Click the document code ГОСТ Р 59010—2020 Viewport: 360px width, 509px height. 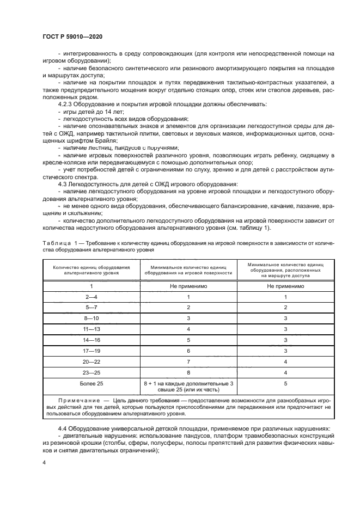pyautogui.click(x=72, y=36)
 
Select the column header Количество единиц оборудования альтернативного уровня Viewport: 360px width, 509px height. pyautogui.click(x=91, y=271)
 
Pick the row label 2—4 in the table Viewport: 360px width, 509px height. pyautogui.click(x=91, y=298)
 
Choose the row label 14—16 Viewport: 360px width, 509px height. pyautogui.click(x=91, y=340)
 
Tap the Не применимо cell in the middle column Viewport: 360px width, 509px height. pyautogui.click(x=188, y=286)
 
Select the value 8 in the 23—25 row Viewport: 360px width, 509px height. pyautogui.click(x=188, y=373)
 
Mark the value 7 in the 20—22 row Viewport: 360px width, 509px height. pyautogui.click(x=188, y=362)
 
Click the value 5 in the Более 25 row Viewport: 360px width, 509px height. pyautogui.click(x=285, y=384)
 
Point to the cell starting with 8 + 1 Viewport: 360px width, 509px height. pyautogui.click(x=188, y=388)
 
